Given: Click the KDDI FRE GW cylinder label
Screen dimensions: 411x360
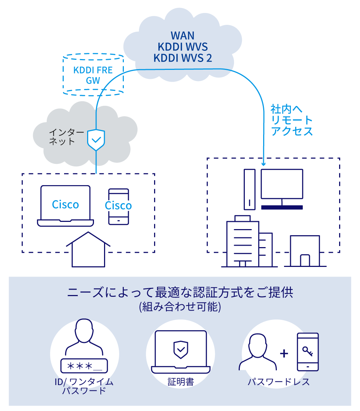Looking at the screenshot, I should [x=93, y=75].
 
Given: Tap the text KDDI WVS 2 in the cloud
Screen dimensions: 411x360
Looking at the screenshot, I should [x=183, y=58].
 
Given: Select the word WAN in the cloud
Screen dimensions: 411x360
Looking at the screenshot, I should [x=183, y=35].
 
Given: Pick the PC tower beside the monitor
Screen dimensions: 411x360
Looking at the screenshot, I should [x=249, y=189].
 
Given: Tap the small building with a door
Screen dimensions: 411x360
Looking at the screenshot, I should [x=305, y=251].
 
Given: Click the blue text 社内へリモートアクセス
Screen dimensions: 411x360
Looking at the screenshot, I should [x=292, y=120].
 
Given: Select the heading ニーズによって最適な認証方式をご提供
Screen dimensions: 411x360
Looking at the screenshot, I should [x=180, y=292].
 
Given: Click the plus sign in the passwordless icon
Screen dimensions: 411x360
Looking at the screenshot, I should [x=284, y=353].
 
